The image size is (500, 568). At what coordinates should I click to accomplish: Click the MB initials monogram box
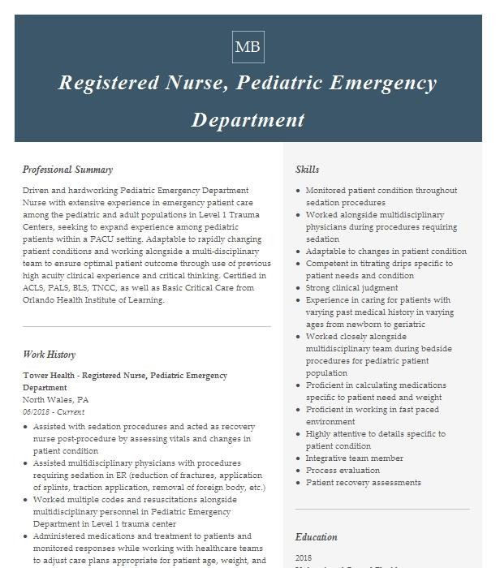[x=248, y=47]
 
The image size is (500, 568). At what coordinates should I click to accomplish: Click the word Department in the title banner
[x=248, y=120]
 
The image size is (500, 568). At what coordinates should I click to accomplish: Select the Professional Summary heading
[x=67, y=170]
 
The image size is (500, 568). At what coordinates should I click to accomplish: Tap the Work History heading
[x=49, y=355]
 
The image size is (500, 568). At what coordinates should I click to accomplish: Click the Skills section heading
[x=307, y=170]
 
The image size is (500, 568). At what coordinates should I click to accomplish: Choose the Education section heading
[x=316, y=537]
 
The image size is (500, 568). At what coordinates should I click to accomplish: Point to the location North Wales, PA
[x=55, y=400]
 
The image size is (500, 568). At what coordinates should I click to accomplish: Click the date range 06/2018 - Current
[x=54, y=412]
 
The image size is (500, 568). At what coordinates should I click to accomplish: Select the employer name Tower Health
[x=50, y=376]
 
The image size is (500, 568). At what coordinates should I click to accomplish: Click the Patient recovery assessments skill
[x=363, y=483]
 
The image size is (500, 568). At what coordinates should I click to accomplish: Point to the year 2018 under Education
[x=304, y=558]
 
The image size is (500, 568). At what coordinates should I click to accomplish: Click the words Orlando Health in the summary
[x=52, y=300]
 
